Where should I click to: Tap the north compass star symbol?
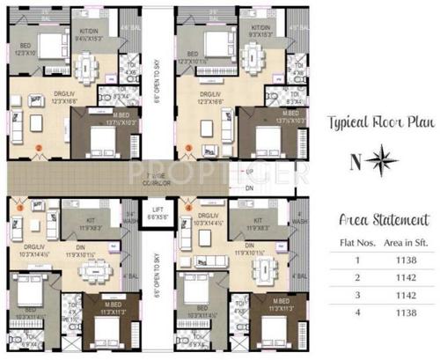click(x=382, y=160)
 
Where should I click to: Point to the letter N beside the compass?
click(x=356, y=161)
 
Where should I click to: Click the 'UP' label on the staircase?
click(x=249, y=171)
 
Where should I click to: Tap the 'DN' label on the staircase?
click(x=249, y=187)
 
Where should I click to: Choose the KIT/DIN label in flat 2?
click(x=260, y=28)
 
